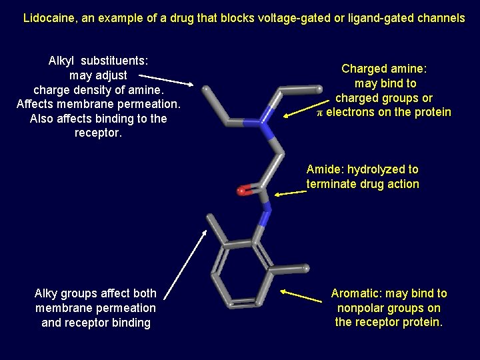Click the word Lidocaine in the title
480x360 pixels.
tap(49, 18)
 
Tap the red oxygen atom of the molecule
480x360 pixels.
tap(241, 191)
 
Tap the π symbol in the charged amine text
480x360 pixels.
tap(320, 113)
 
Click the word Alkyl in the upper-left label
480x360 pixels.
tap(64, 61)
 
